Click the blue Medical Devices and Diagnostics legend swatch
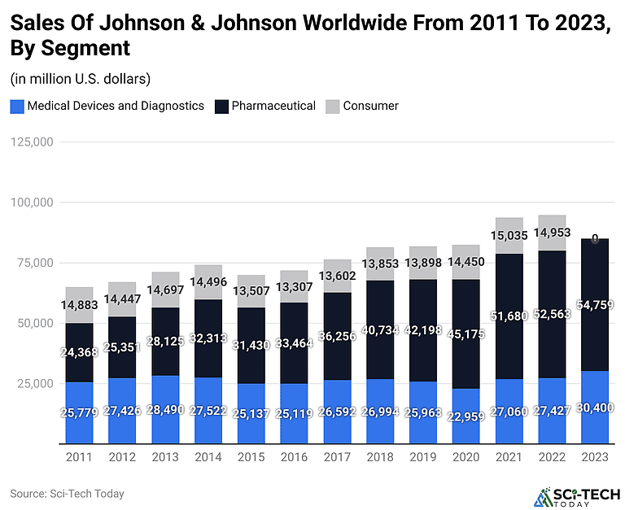coord(17,106)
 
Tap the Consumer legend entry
coord(370,106)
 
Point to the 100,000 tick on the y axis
coord(30,202)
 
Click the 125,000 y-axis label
coord(30,142)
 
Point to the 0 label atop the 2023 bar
coord(594,239)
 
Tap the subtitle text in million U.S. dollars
coord(81,79)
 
